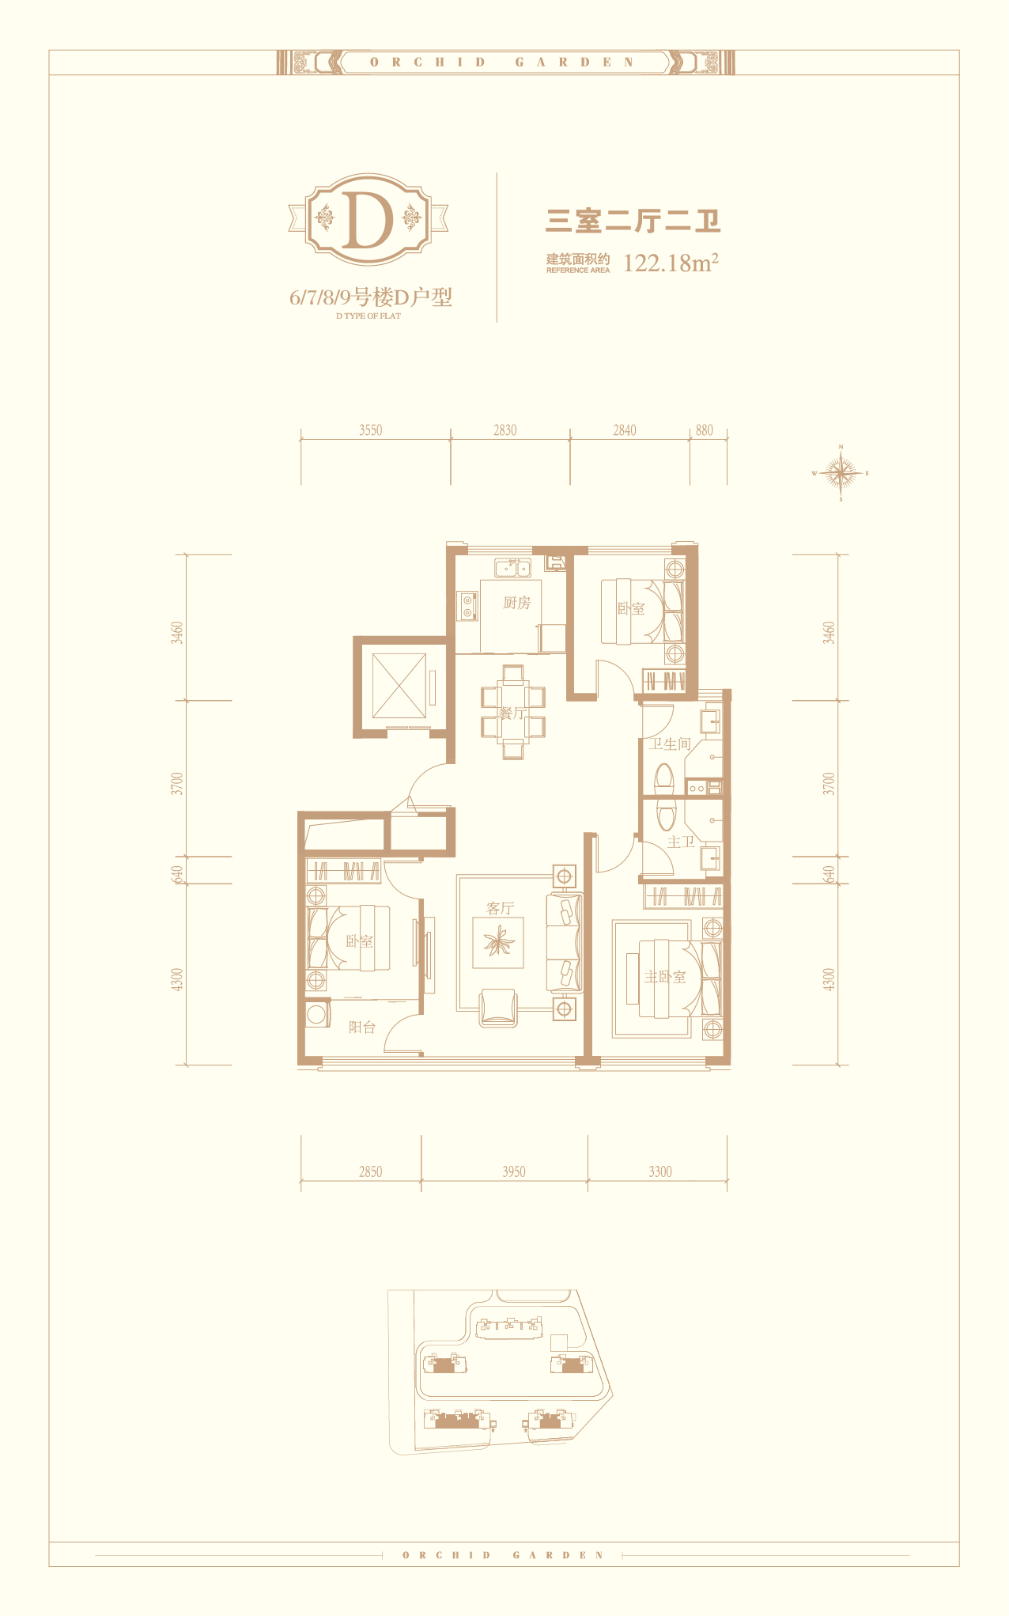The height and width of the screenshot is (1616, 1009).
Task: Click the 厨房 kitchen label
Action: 516,603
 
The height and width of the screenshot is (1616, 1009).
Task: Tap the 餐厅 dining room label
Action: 512,713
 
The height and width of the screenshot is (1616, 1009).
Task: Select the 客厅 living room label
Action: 501,908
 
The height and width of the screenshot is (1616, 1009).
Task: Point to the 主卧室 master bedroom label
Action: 665,977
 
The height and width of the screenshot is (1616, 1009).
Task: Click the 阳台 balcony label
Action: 362,1027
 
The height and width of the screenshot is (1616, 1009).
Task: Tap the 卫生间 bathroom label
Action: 671,744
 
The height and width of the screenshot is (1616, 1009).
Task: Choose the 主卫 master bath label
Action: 681,842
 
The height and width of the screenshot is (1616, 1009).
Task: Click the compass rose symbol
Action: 841,474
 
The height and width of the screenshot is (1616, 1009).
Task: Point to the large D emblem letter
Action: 369,219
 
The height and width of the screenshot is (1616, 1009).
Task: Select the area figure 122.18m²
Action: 671,262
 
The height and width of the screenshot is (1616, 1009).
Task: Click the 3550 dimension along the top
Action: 370,430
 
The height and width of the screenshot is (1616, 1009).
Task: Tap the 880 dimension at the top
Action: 705,430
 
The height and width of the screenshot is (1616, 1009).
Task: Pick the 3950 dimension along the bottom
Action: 514,1171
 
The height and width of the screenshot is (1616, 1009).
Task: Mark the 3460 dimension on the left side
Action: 178,633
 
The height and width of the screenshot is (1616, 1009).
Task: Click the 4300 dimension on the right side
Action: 829,979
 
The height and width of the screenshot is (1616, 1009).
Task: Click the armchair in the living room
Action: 498,1008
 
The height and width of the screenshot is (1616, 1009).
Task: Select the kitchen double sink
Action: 512,568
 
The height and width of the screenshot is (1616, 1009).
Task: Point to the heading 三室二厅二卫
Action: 633,221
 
